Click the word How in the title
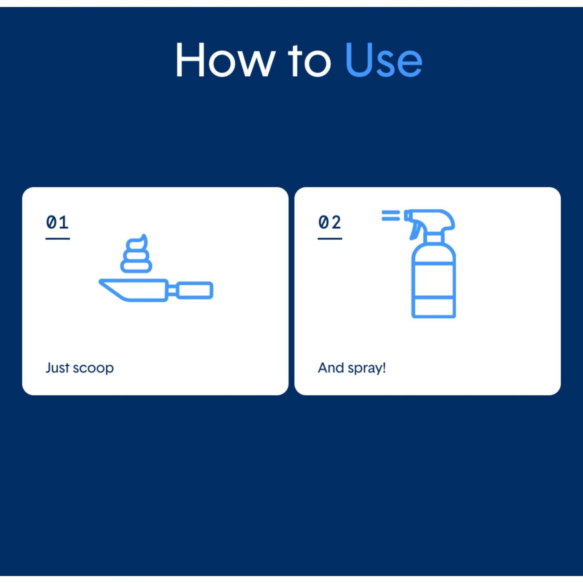[x=226, y=60]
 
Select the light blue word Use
[x=384, y=60]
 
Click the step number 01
[x=57, y=222]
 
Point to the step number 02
[x=330, y=222]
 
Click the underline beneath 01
[x=57, y=239]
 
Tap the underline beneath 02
[x=330, y=239]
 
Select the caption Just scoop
[x=79, y=368]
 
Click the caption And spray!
[x=352, y=368]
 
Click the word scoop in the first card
[x=93, y=368]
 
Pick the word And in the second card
[x=331, y=368]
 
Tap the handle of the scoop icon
[x=194, y=290]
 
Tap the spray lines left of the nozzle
[x=391, y=215]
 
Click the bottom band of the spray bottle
[x=434, y=307]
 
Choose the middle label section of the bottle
[x=434, y=280]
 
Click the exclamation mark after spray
[x=384, y=367]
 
